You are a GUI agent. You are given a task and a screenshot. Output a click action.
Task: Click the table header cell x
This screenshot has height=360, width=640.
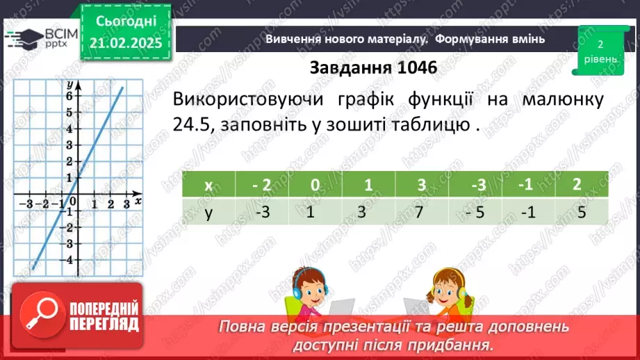click(x=208, y=185)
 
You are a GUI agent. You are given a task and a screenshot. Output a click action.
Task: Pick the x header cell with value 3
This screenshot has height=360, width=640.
click(x=422, y=185)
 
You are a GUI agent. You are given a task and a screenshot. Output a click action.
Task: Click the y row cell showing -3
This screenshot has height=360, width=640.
click(x=262, y=211)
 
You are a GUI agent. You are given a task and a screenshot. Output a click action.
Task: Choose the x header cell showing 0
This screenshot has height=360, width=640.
click(x=315, y=185)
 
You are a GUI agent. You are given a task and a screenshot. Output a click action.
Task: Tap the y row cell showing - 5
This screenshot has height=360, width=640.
click(x=476, y=211)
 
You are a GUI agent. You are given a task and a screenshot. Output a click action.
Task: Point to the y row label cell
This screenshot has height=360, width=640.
click(x=208, y=211)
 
